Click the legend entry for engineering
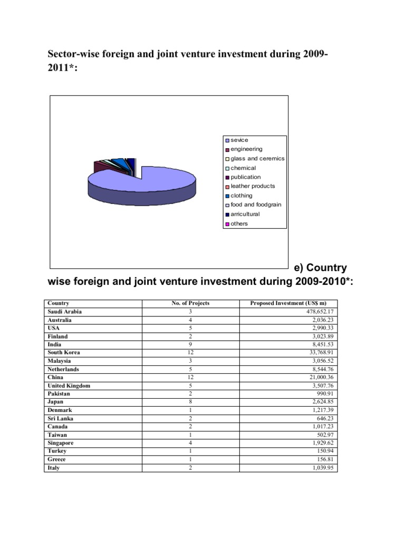pos(246,149)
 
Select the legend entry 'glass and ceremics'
pos(257,159)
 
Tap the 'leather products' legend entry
pos(253,186)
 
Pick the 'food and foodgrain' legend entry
pos(256,205)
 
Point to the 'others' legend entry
pos(239,224)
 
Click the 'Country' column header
pos(59,303)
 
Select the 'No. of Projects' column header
pos(190,303)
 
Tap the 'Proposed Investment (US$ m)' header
pos(288,303)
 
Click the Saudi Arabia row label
pos(65,312)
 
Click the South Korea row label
pos(64,353)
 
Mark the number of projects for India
pos(190,344)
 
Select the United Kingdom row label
pos(69,385)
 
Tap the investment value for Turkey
pos(323,451)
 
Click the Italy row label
pos(54,468)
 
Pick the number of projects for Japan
pos(190,402)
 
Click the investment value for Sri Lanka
pos(323,419)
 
